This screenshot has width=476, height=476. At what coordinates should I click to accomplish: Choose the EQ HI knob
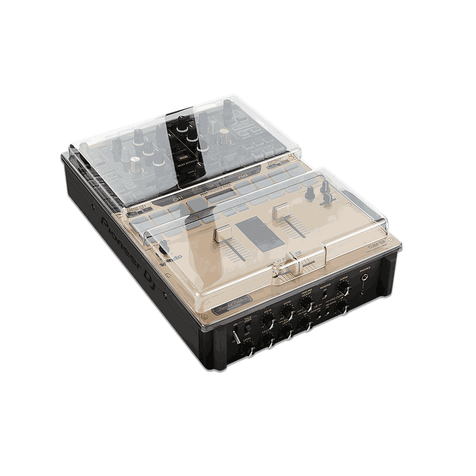point(267,321)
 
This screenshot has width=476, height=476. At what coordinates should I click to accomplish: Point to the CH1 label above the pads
point(178,199)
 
